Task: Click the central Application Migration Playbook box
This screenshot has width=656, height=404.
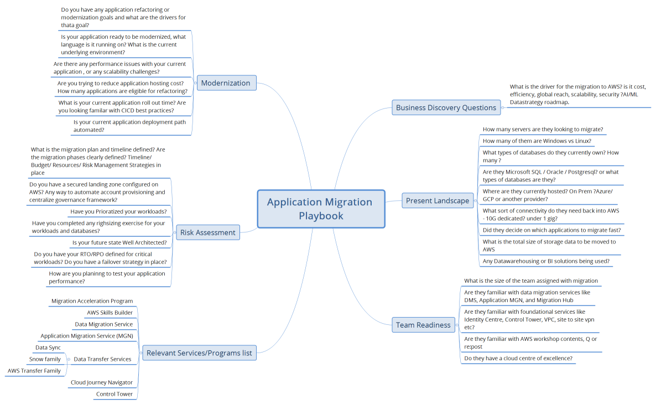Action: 321,209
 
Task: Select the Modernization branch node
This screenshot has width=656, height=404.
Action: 226,83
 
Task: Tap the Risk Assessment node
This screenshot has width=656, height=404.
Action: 208,232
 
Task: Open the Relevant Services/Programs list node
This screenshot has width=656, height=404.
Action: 199,353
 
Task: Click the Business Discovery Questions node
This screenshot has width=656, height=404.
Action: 446,107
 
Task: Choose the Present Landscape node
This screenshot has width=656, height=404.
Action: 437,200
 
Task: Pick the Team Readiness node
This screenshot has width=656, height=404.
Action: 423,325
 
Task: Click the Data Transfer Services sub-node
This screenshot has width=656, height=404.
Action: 102,359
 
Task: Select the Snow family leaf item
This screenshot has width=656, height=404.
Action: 45,359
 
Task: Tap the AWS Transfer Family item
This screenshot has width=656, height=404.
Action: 34,371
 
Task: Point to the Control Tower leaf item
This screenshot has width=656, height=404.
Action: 114,394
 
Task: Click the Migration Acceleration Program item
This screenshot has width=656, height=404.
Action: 92,301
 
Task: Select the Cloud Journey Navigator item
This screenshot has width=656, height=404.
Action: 102,382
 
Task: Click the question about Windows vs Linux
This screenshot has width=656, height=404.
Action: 537,141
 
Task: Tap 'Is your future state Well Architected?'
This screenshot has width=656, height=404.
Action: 119,242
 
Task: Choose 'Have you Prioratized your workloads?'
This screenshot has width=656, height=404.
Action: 118,211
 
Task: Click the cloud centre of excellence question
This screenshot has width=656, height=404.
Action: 518,358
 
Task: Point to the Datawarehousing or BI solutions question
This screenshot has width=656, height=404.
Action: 546,261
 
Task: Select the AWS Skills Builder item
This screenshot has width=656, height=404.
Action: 110,313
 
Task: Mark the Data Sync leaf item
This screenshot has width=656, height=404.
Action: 48,348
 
